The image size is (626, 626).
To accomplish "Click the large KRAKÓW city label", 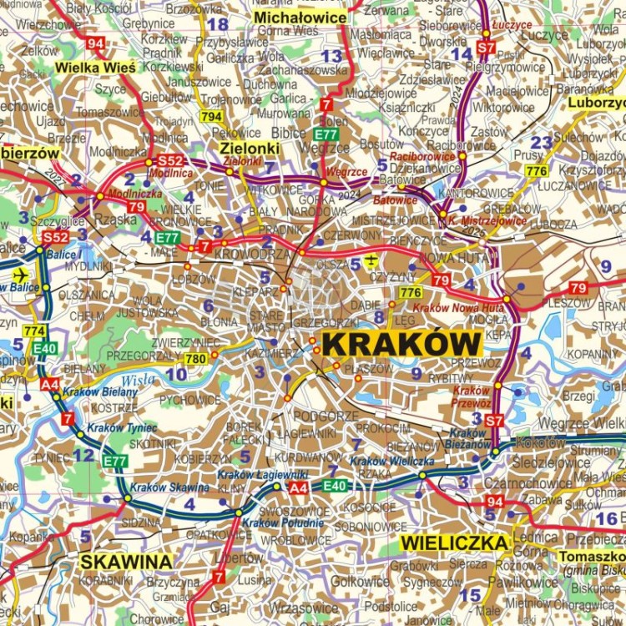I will click(x=401, y=344).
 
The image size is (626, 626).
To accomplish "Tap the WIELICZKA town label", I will click(x=455, y=543).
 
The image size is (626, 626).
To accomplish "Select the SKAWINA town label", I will click(x=126, y=561).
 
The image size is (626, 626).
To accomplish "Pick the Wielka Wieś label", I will click(x=91, y=67).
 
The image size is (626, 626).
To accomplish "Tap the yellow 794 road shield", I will click(x=211, y=116).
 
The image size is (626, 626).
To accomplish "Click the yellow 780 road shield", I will click(x=194, y=359).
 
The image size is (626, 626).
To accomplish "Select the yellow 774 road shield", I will click(x=34, y=331).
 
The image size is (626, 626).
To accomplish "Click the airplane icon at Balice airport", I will click(x=20, y=275).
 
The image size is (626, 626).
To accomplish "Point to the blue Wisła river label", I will click(x=138, y=380).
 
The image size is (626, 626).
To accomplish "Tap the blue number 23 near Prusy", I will click(x=542, y=142).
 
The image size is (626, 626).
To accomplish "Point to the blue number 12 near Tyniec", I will click(x=83, y=455).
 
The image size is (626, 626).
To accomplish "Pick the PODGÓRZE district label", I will click(x=328, y=416).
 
